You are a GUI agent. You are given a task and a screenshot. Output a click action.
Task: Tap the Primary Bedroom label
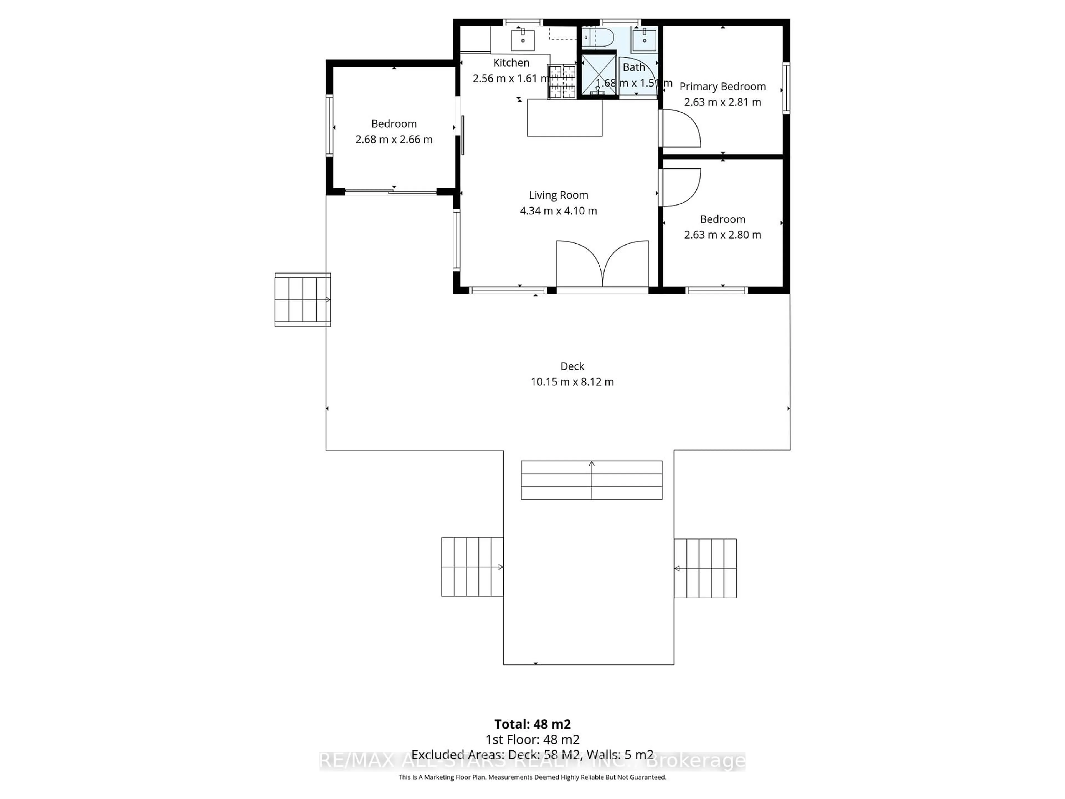(x=722, y=86)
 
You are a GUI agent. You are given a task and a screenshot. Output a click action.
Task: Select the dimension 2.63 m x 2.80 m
(x=722, y=235)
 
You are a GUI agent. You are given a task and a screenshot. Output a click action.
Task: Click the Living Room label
(x=558, y=195)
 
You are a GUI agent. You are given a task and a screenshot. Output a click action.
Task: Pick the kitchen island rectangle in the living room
(x=564, y=118)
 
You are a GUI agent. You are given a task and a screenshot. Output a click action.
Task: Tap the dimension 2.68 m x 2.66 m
(x=394, y=140)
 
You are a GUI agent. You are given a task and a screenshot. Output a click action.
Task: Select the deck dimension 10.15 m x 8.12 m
(x=572, y=382)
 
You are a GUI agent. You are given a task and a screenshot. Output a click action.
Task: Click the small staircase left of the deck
(x=302, y=300)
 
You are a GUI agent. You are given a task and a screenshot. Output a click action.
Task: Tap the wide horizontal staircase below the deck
(x=591, y=480)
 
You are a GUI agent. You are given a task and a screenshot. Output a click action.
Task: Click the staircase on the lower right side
(x=705, y=568)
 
